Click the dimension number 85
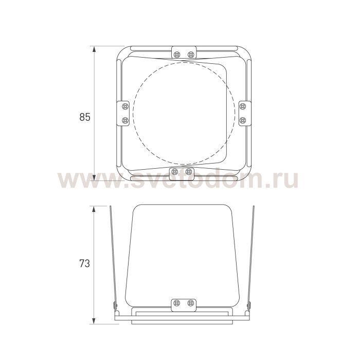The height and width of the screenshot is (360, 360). coord(85,117)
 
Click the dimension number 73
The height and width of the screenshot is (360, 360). coord(85,263)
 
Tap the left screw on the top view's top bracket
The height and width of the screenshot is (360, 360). coord(177,55)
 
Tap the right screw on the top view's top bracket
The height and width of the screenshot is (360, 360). coord(191,55)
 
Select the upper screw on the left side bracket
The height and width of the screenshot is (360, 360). coord(125,106)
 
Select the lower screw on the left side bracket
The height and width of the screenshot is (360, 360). coord(125,120)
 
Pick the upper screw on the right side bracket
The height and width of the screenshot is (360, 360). coord(243,106)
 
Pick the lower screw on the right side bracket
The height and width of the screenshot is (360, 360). coord(243,120)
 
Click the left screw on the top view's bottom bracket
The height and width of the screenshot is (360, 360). coord(175,171)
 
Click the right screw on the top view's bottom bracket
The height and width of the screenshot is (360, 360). coord(189,171)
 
